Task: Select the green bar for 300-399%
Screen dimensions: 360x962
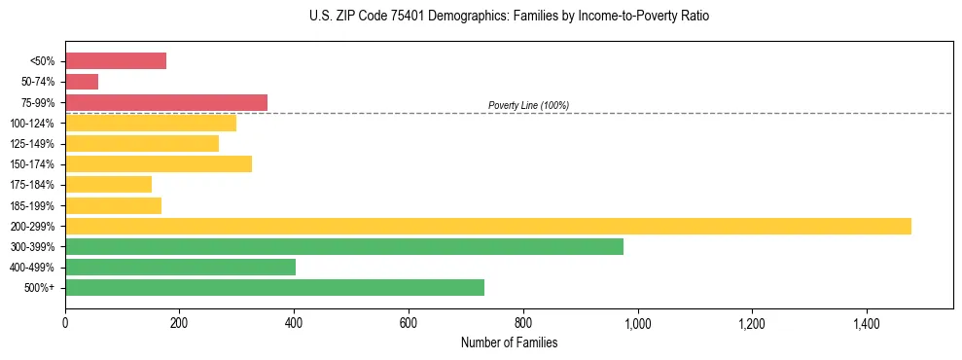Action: pyautogui.click(x=344, y=246)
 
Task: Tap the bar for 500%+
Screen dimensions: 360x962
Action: pyautogui.click(x=274, y=287)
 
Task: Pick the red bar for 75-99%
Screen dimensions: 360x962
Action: pyautogui.click(x=166, y=102)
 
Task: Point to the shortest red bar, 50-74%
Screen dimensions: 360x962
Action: pyautogui.click(x=82, y=82)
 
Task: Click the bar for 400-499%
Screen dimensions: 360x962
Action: pyautogui.click(x=180, y=267)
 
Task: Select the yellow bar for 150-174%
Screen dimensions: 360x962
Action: pyautogui.click(x=159, y=163)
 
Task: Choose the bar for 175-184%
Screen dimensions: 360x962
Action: pyautogui.click(x=108, y=184)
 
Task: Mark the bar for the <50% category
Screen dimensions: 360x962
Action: pyautogui.click(x=116, y=60)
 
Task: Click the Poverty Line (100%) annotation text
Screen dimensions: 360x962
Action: pyautogui.click(x=528, y=105)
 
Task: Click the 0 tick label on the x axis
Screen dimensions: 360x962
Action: pyautogui.click(x=65, y=323)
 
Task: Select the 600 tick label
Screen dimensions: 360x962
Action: pyautogui.click(x=409, y=323)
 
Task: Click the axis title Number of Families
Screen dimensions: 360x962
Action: pyautogui.click(x=509, y=342)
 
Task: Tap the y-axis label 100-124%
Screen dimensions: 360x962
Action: pyautogui.click(x=32, y=124)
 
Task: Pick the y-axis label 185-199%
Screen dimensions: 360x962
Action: pyautogui.click(x=32, y=205)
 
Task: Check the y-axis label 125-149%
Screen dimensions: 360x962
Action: pyautogui.click(x=32, y=144)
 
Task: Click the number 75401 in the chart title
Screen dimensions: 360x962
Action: pyautogui.click(x=389, y=17)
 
